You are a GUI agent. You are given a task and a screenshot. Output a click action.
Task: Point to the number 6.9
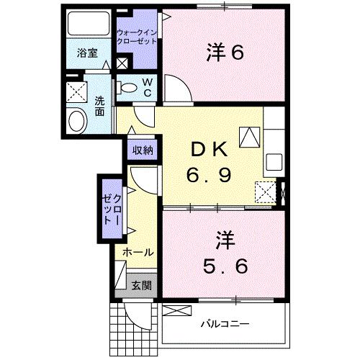click(210, 174)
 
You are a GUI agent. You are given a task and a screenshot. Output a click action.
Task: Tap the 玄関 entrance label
click(141, 285)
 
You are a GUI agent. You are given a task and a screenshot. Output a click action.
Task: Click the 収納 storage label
click(142, 150)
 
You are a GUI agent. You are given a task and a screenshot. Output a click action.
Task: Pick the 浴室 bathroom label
click(88, 52)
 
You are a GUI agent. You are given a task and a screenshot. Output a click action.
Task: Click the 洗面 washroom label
click(100, 105)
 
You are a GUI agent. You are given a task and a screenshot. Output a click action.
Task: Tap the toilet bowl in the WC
click(128, 88)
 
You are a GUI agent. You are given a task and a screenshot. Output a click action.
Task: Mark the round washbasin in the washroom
click(75, 120)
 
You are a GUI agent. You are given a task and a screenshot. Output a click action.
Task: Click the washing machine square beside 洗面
click(76, 91)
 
